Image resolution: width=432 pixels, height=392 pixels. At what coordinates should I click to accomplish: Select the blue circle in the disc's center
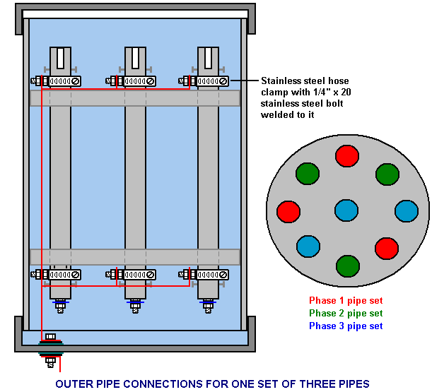[x=346, y=210]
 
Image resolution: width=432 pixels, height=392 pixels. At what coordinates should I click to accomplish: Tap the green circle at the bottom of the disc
[x=346, y=266]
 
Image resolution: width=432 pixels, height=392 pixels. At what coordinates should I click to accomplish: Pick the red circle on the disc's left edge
[x=288, y=210]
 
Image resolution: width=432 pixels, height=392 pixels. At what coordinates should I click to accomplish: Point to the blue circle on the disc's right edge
[x=406, y=210]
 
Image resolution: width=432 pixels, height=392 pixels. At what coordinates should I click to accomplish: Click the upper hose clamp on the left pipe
[x=61, y=81]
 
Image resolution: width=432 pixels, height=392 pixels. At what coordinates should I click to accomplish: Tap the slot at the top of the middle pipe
[x=135, y=58]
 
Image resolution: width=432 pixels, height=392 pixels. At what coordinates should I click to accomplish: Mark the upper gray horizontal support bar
[x=134, y=98]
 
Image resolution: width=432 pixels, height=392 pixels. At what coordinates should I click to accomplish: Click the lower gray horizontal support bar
[x=134, y=256]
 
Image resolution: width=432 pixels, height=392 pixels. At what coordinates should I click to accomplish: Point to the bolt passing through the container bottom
[x=50, y=352]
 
